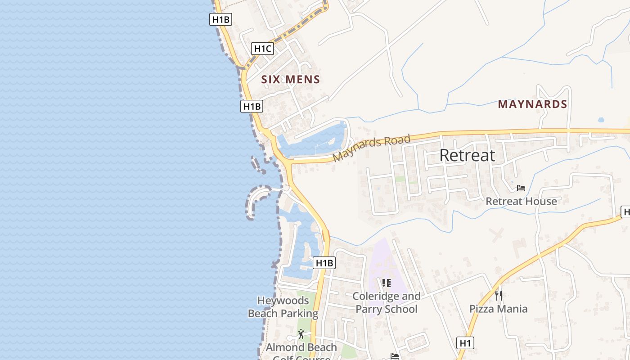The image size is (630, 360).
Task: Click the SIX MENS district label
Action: pos(290,80)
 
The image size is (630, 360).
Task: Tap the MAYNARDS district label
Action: pos(532,104)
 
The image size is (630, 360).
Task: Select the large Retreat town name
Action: pos(467,155)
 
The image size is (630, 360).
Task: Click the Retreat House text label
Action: pos(521,201)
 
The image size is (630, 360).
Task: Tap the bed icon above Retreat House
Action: pos(521,188)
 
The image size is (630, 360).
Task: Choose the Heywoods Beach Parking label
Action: pos(283,307)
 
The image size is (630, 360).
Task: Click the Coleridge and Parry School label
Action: pos(387,302)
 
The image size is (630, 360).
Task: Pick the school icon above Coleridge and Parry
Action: pos(386,283)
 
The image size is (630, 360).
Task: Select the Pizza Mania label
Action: pos(498,309)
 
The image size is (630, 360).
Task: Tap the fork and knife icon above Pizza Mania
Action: pos(498,295)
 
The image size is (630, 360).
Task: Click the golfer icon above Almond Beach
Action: pos(301,334)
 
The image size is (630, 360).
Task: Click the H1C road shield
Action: pos(262,49)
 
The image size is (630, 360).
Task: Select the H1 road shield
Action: pos(465,343)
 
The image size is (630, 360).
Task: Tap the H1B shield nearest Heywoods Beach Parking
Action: pos(324,263)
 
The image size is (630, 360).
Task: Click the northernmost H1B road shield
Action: pos(220,19)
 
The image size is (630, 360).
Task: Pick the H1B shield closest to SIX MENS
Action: pos(252,106)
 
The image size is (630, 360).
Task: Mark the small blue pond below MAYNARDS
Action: pos(601,120)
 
